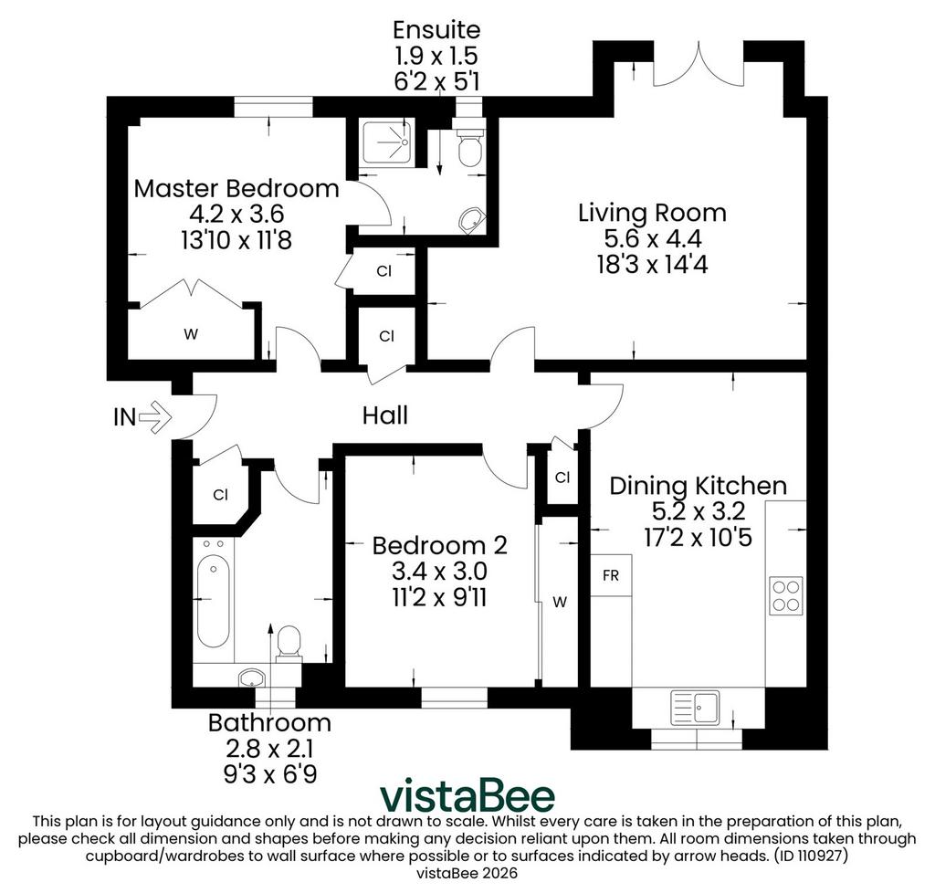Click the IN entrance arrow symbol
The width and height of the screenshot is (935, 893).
tap(155, 416)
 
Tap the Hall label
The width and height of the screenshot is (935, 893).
tap(385, 415)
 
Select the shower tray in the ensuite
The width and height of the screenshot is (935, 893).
tap(387, 142)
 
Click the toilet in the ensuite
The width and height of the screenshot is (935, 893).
tap(470, 143)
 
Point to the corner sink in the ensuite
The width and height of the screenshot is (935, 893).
tap(471, 220)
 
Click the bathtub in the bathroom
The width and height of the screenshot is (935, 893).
tap(214, 602)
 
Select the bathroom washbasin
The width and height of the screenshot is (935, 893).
tap(252, 678)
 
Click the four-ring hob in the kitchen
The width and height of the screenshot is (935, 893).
tap(786, 595)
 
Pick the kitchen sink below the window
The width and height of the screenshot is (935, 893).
tap(695, 707)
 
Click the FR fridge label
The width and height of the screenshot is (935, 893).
tap(611, 576)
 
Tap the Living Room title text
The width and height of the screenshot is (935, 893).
tap(652, 213)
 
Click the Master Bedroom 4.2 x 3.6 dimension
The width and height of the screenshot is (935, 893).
tap(236, 214)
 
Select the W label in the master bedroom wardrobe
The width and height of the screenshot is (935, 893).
tap(191, 334)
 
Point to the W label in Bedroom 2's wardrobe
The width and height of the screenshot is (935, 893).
tap(560, 603)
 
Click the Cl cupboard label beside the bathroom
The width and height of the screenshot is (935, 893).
tap(221, 495)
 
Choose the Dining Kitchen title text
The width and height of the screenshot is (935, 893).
tap(699, 486)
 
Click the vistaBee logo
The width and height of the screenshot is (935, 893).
tap(467, 796)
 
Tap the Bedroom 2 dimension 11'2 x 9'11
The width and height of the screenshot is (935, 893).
tap(439, 597)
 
